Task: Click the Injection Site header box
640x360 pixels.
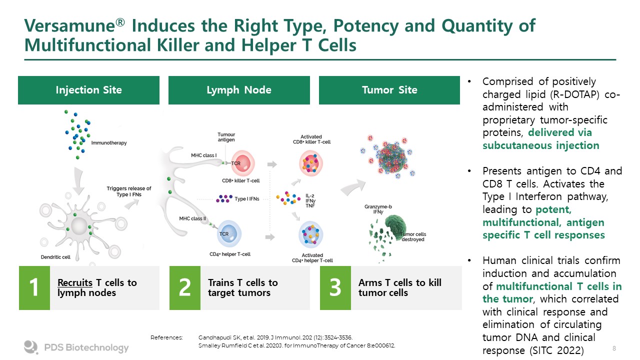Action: pyautogui.click(x=88, y=90)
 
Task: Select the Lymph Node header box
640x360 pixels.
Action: pyautogui.click(x=239, y=90)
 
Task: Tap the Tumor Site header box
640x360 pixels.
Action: pyautogui.click(x=389, y=90)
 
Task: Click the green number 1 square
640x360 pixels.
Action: pyautogui.click(x=34, y=288)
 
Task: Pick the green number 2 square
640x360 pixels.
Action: pyautogui.click(x=184, y=288)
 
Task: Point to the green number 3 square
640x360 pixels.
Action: pyautogui.click(x=335, y=288)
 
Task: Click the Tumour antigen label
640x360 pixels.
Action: pyautogui.click(x=226, y=137)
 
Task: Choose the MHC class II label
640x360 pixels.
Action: pyautogui.click(x=193, y=219)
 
